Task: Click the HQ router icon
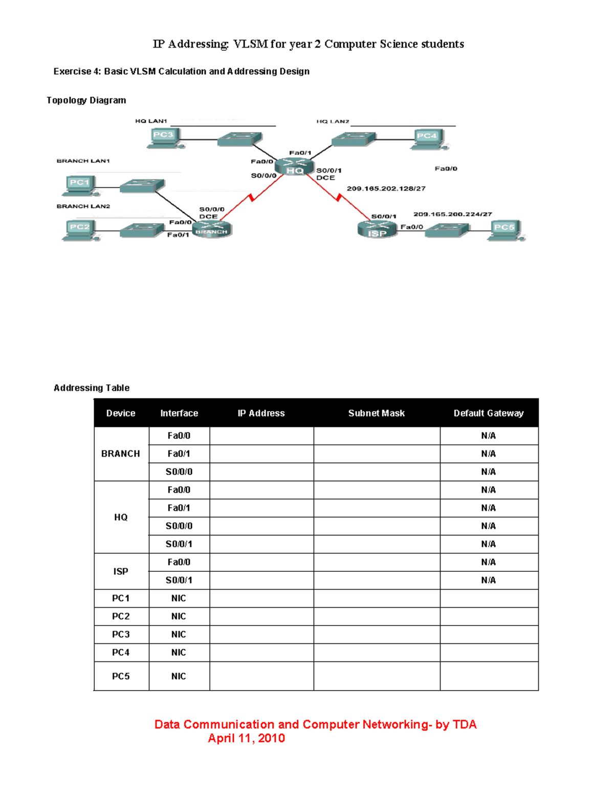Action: coord(294,167)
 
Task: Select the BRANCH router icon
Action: coord(212,229)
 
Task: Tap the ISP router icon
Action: coord(377,229)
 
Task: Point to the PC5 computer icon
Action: coord(505,230)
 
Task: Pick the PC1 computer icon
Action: coord(79,185)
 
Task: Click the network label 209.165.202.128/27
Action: coord(386,188)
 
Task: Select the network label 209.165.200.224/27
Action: coord(452,214)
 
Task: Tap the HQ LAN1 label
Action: coord(151,121)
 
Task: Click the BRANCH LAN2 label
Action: coord(83,206)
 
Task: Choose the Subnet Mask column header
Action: coord(376,413)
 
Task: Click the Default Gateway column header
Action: coord(488,413)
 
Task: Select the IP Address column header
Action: coord(261,413)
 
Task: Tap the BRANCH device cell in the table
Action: coord(121,454)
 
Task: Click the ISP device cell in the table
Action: coord(121,571)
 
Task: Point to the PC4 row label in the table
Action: coord(121,652)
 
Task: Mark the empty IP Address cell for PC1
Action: coord(261,598)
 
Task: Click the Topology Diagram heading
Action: coord(86,100)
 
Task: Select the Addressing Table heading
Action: coord(92,388)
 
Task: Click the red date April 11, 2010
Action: coord(246,738)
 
